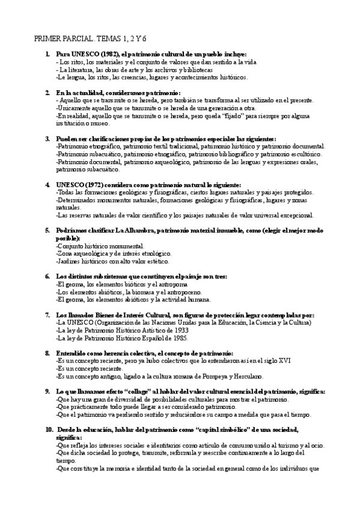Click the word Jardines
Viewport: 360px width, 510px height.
click(x=69, y=262)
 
